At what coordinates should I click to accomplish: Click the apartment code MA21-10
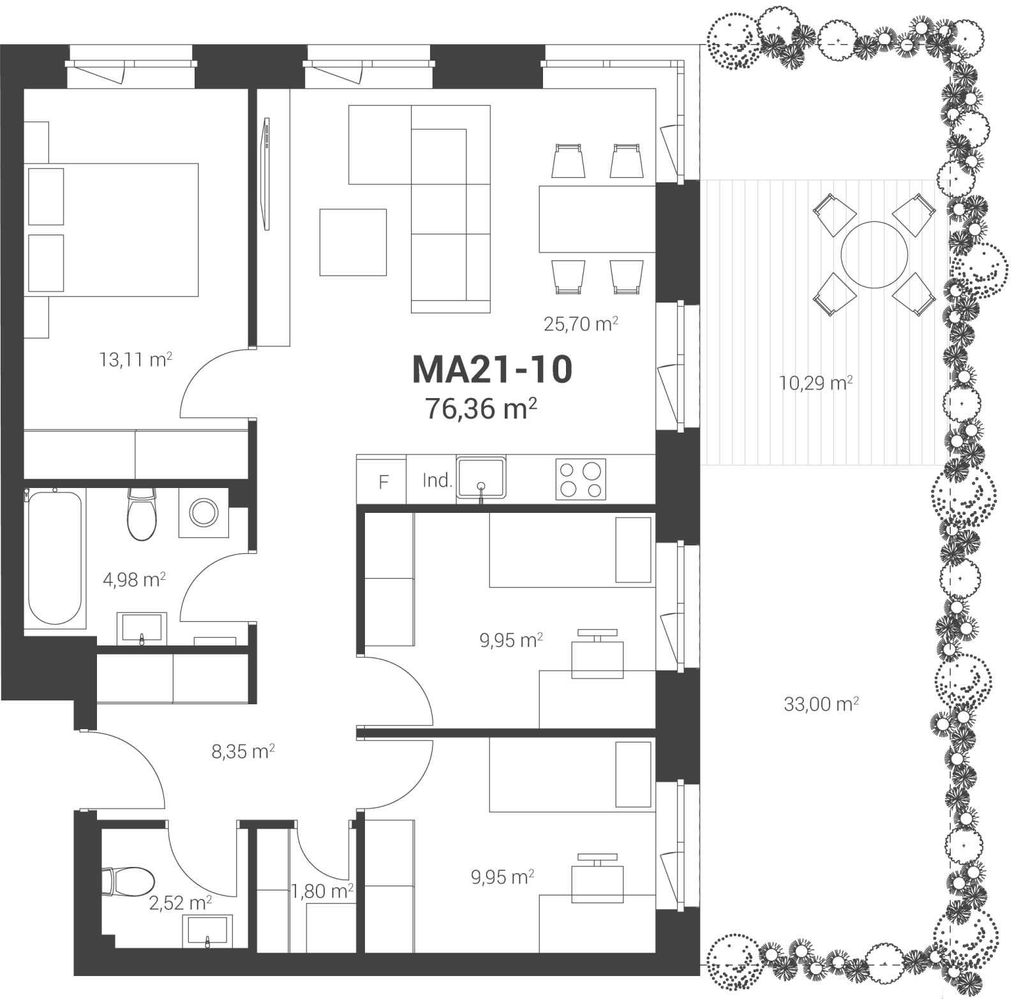pyautogui.click(x=493, y=369)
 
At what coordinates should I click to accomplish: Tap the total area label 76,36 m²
pyautogui.click(x=480, y=408)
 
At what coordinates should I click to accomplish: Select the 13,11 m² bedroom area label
pyautogui.click(x=135, y=359)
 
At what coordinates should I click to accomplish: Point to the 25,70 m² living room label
pyautogui.click(x=581, y=323)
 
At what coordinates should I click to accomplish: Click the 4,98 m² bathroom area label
pyautogui.click(x=135, y=580)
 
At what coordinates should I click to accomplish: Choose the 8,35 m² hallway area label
pyautogui.click(x=243, y=751)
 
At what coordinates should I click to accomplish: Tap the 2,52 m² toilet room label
pyautogui.click(x=181, y=903)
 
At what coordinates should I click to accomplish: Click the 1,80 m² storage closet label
pyautogui.click(x=322, y=891)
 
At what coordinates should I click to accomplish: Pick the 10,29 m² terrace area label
pyautogui.click(x=816, y=383)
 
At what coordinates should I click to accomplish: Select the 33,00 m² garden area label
pyautogui.click(x=821, y=704)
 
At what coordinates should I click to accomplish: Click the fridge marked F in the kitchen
pyautogui.click(x=382, y=479)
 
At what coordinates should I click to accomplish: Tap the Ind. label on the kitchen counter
pyautogui.click(x=437, y=480)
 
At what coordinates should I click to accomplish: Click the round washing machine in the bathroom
pyautogui.click(x=204, y=512)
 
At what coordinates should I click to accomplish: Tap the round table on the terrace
pyautogui.click(x=874, y=255)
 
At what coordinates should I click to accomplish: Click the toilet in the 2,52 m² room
pyautogui.click(x=128, y=881)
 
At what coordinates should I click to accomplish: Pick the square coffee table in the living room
pyautogui.click(x=353, y=242)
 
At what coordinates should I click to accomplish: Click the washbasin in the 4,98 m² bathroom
pyautogui.click(x=142, y=628)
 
